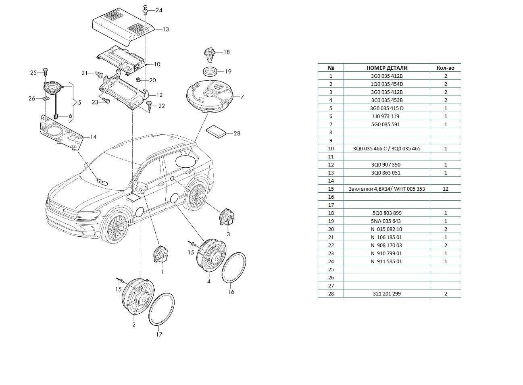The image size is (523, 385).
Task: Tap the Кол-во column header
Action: pos(445,68)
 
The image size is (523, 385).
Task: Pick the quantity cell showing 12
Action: pos(445,189)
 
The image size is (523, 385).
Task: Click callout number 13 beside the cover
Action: pos(165,29)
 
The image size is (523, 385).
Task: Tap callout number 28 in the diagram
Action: pos(237,133)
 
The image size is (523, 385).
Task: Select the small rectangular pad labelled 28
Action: pos(217,132)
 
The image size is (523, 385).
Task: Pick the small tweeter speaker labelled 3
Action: pos(226,218)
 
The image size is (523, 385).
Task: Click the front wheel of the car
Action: pos(117,228)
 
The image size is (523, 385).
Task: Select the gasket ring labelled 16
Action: pos(234,268)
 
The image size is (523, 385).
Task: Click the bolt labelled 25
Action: pos(46,72)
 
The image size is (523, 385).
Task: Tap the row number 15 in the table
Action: pos(331,189)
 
